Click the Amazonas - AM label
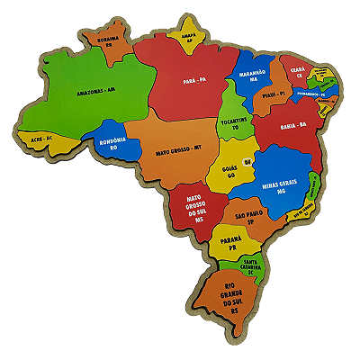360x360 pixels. [98, 91]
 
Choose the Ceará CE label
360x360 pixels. [295, 74]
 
